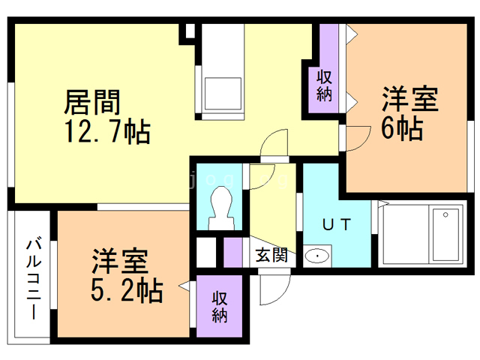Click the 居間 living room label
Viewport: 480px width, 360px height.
point(93,101)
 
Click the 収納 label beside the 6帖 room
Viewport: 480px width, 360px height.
point(324,85)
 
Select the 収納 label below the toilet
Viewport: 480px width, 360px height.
point(219,307)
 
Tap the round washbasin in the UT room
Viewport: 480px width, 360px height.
point(318,256)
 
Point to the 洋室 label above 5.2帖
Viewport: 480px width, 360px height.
point(119,262)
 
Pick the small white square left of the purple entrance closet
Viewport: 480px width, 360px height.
point(207,251)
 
